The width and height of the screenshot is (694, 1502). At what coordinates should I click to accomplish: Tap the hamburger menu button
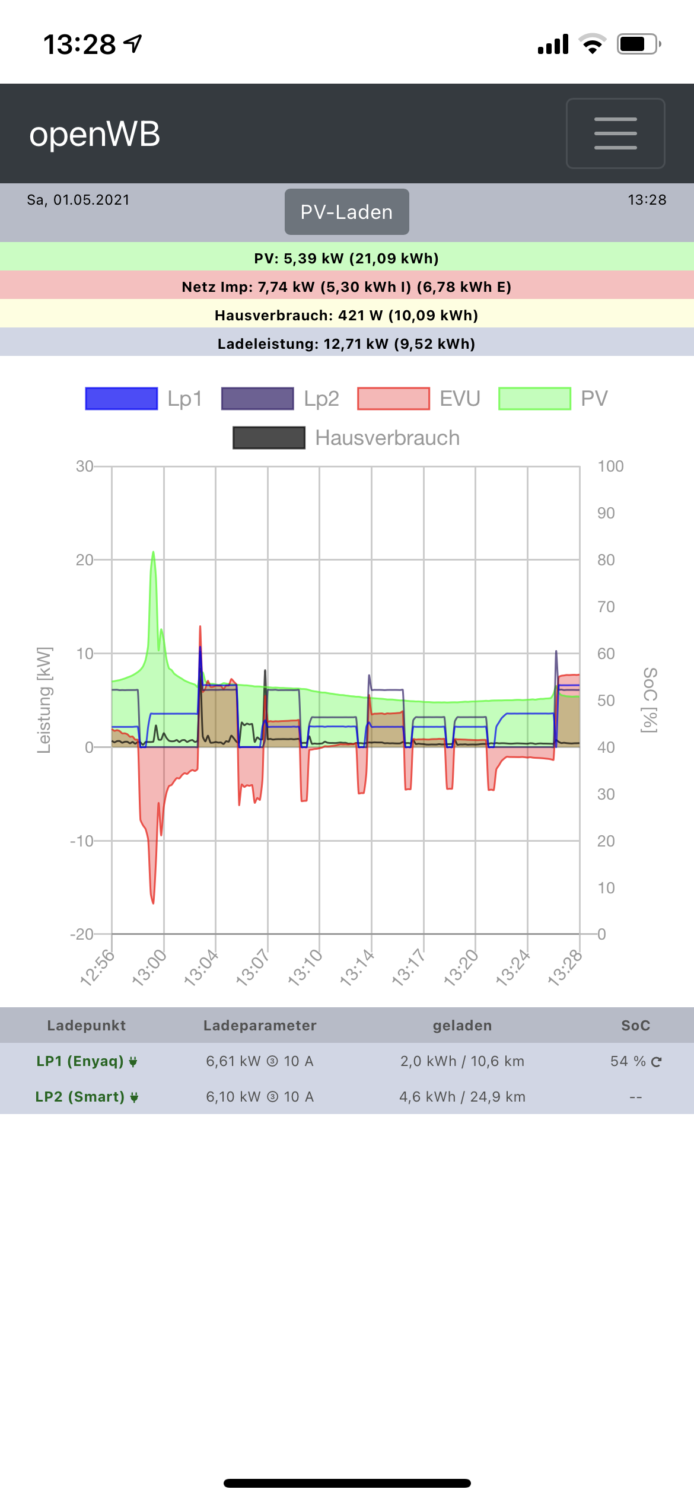click(615, 133)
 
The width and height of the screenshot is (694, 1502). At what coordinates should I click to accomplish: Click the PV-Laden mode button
click(346, 212)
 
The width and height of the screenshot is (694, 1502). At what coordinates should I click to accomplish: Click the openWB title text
click(95, 134)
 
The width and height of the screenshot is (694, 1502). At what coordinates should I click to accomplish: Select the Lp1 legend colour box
click(122, 399)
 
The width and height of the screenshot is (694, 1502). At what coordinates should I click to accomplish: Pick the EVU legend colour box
click(393, 399)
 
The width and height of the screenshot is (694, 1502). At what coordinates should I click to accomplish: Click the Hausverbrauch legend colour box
click(269, 438)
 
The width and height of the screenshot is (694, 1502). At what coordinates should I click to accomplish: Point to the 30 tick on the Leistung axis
click(84, 466)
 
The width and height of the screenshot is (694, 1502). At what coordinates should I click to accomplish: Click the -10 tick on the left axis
click(82, 841)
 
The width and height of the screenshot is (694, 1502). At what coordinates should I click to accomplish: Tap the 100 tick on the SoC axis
click(610, 466)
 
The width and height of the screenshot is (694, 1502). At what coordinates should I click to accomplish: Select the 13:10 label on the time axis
click(305, 967)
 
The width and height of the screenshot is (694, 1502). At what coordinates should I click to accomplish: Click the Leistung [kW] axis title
click(44, 700)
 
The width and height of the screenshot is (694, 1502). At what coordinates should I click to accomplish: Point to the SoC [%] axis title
click(650, 700)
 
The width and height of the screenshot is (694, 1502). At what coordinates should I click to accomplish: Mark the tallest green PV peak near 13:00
click(153, 553)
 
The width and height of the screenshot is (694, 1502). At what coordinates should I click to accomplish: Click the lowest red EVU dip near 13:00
click(153, 902)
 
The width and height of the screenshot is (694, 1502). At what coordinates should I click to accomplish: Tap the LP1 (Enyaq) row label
click(80, 1061)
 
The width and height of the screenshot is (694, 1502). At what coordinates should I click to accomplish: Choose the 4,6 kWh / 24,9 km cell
click(462, 1097)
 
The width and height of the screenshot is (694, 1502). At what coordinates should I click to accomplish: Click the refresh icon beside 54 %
click(656, 1062)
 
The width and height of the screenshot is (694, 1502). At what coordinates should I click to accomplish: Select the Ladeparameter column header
click(260, 1026)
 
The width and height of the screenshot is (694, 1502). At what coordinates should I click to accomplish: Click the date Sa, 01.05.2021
click(78, 200)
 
